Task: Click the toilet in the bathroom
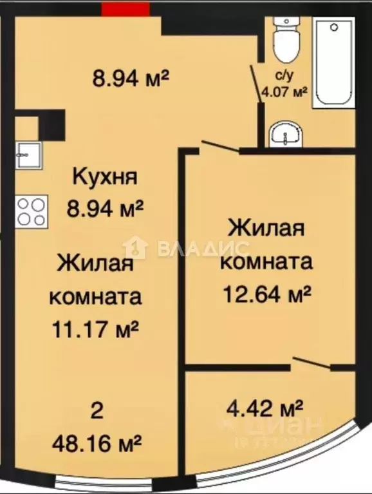(283, 38)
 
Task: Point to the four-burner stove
(31, 210)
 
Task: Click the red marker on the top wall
(125, 9)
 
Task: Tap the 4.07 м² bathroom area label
(283, 92)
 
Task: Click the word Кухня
(105, 176)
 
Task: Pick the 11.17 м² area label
(96, 330)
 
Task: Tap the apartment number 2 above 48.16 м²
(97, 410)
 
